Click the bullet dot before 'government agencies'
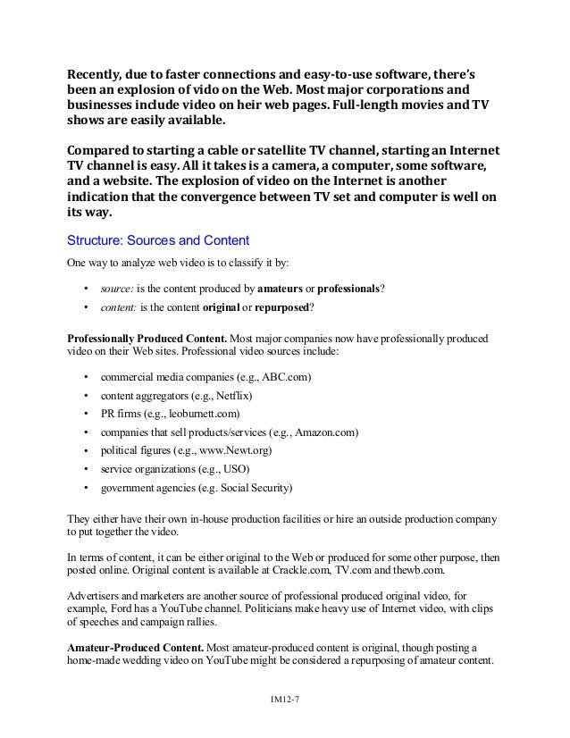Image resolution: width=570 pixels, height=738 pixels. click(85, 488)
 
